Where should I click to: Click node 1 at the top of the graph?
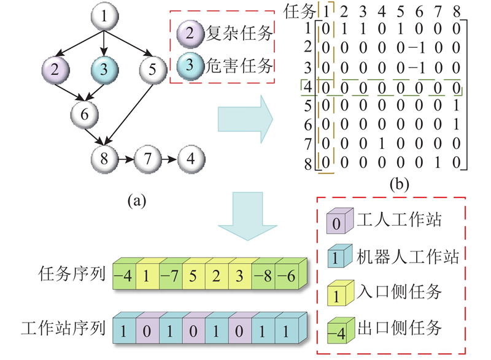click(x=106, y=18)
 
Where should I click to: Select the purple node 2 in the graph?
click(x=56, y=69)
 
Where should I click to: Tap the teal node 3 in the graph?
click(x=106, y=69)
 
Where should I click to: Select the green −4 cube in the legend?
click(x=337, y=328)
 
